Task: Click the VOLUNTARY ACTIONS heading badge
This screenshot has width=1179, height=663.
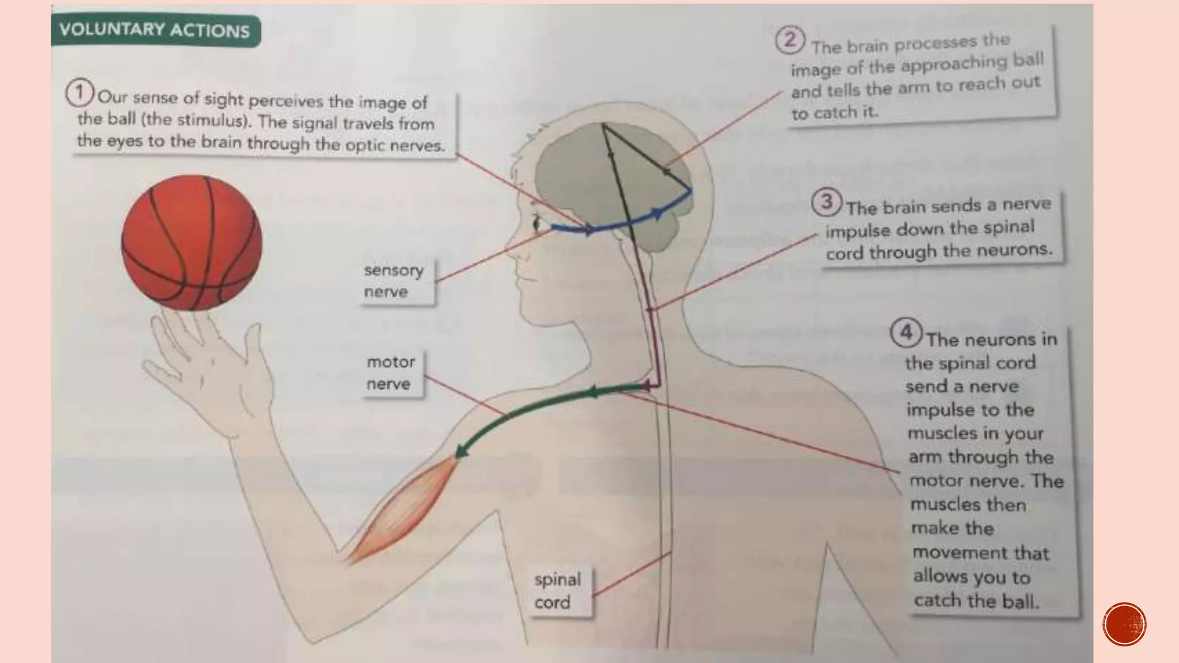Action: [155, 30]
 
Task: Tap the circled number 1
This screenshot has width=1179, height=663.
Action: [79, 93]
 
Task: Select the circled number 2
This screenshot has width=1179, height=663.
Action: [789, 40]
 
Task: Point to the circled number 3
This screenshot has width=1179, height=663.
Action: [827, 202]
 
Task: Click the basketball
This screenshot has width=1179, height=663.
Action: [192, 243]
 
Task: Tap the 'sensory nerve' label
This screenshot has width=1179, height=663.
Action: [394, 281]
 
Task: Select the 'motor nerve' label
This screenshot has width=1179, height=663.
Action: [391, 373]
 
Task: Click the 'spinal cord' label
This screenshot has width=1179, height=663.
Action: [557, 590]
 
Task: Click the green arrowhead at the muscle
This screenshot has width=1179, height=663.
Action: [462, 451]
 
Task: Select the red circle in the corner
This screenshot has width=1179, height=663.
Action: [1124, 624]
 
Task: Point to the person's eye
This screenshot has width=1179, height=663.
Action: [538, 222]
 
